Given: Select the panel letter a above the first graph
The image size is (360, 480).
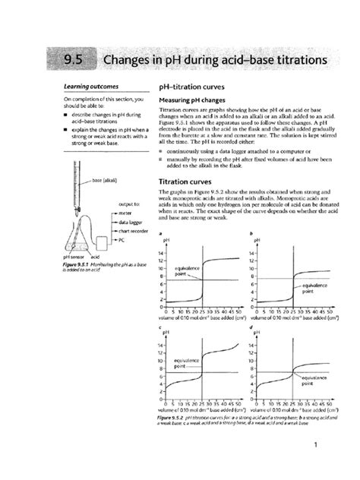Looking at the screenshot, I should pos(160,232).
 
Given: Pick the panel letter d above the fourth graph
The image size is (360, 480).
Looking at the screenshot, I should pos(251,328).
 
